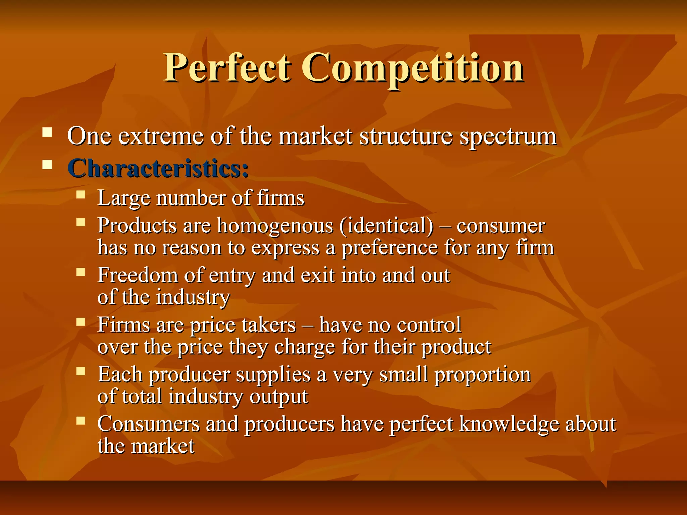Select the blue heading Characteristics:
point(158,168)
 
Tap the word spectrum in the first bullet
point(508,137)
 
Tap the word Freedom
point(138,276)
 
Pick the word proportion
point(483,375)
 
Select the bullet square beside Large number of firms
point(81,195)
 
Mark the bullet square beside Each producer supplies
point(81,371)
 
